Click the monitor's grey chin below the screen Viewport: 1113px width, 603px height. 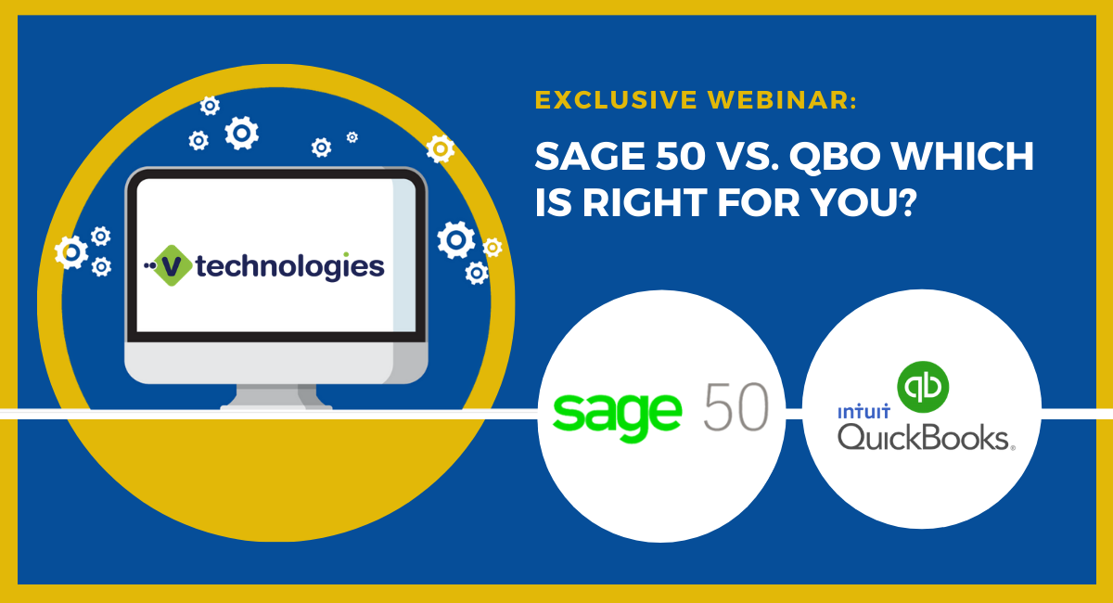click(275, 362)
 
